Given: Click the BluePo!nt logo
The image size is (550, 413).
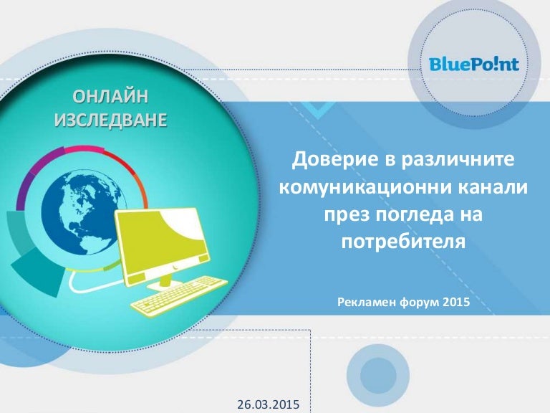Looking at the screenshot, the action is pos(474,65).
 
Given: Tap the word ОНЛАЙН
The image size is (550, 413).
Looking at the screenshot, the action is pos(110,97).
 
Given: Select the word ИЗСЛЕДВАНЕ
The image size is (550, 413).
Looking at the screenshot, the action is pos(110,120).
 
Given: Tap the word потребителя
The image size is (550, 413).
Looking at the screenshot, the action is pos(404,242).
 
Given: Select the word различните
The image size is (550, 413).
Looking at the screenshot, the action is pos(458,159).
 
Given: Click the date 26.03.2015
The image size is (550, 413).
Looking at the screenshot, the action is pos(269,404).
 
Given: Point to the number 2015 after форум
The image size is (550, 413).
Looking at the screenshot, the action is pos(456,302).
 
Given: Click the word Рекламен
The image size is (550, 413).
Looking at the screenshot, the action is pos(367,302).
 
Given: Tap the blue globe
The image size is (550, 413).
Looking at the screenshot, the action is pos(84,212).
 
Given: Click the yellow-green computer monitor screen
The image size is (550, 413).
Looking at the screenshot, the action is pos(163,242).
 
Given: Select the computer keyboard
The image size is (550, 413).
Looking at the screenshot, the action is pos(179,295).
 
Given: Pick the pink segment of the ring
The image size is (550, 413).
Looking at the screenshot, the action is pos(84,149).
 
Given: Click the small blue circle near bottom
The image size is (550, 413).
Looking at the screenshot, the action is pos(378,376).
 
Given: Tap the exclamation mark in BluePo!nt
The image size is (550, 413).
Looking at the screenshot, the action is pos(493,64).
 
